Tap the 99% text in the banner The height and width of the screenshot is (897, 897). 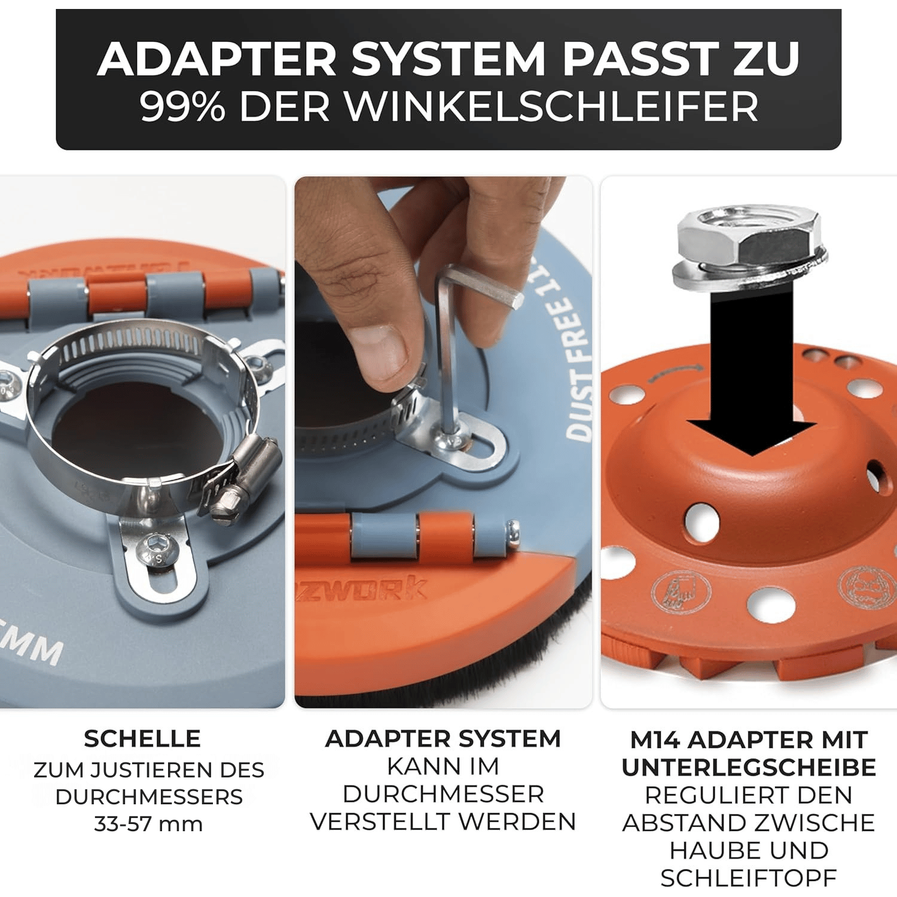pyautogui.click(x=182, y=107)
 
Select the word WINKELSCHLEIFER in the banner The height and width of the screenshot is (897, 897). pyautogui.click(x=551, y=107)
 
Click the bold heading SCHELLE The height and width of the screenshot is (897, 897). pyautogui.click(x=142, y=739)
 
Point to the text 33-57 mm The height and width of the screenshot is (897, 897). pyautogui.click(x=148, y=823)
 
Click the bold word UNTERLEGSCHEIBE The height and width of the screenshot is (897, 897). pyautogui.click(x=749, y=767)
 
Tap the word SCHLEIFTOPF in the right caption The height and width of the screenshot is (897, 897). pyautogui.click(x=749, y=878)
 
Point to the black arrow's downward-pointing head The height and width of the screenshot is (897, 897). pyautogui.click(x=752, y=437)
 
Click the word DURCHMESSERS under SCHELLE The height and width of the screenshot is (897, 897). pyautogui.click(x=148, y=797)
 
